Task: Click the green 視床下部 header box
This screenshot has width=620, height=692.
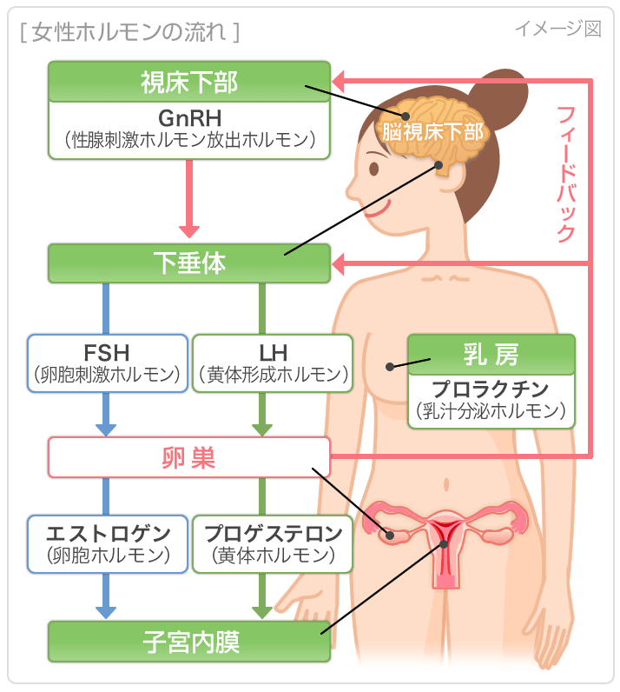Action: click(x=189, y=82)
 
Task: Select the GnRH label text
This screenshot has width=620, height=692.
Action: click(x=189, y=116)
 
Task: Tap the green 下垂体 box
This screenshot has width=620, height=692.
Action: click(x=189, y=263)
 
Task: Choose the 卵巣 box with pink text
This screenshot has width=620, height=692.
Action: click(x=189, y=457)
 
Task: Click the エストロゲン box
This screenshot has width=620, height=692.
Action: click(x=108, y=543)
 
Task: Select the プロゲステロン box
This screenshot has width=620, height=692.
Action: click(x=273, y=543)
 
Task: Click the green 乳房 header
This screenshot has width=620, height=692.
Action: click(x=491, y=355)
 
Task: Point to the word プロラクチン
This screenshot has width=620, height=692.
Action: click(x=491, y=389)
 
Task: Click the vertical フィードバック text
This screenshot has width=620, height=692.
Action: click(x=565, y=174)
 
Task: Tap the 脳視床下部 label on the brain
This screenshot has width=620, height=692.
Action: click(x=433, y=133)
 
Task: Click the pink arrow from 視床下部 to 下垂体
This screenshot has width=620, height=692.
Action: click(x=189, y=200)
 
